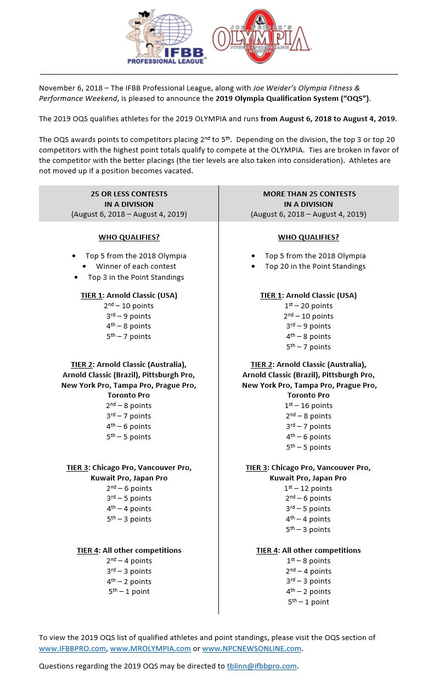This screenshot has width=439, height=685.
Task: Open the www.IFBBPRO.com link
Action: click(x=72, y=648)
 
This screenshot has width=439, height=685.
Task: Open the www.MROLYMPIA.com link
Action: click(x=150, y=648)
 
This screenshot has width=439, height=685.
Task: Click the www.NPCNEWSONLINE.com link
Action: click(x=251, y=648)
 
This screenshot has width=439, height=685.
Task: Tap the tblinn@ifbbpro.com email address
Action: click(x=262, y=666)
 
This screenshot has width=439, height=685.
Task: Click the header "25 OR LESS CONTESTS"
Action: click(x=129, y=194)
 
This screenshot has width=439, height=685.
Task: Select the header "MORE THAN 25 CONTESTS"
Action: click(x=309, y=194)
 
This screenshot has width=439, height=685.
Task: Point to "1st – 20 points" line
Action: click(x=308, y=305)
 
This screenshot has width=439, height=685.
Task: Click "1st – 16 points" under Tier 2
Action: click(x=308, y=405)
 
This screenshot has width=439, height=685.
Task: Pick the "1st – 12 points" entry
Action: click(x=308, y=488)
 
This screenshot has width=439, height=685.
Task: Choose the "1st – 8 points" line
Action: click(x=308, y=561)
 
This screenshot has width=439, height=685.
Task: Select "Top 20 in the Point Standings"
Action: click(x=315, y=266)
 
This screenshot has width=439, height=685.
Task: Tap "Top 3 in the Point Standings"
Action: click(x=136, y=277)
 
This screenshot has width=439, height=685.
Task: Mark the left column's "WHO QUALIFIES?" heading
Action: click(x=129, y=237)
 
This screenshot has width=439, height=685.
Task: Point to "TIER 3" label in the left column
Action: click(x=77, y=468)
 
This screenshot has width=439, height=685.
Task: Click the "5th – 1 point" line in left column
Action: click(x=129, y=591)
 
